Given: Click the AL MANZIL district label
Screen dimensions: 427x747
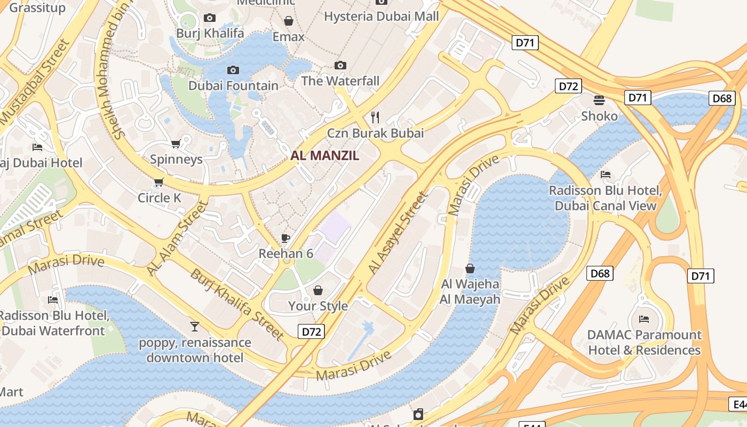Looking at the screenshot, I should tap(325, 156).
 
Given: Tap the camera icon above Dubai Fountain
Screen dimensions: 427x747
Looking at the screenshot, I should tap(233, 70).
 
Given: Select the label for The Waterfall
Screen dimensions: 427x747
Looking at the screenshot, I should tap(340, 81).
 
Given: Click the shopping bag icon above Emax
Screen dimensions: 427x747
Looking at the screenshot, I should tap(289, 21).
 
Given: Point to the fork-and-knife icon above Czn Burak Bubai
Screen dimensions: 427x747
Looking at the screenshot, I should tap(375, 117).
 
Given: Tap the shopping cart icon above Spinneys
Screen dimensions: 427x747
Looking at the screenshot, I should tap(176, 144).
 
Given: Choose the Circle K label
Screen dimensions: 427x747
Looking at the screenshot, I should tap(160, 198).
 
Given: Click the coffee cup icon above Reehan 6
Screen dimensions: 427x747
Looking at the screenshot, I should tap(285, 238).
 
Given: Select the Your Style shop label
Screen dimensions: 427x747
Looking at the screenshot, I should tap(318, 306).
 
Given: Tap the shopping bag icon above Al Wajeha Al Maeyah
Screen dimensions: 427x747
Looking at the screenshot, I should tap(470, 268).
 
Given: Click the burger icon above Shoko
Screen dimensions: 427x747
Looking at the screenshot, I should tap(599, 100).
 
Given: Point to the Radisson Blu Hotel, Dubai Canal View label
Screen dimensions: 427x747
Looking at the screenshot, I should tap(606, 198).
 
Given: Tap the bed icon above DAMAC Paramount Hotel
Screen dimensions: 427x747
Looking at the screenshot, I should tap(644, 319).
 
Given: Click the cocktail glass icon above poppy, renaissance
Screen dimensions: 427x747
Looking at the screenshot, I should tap(195, 326).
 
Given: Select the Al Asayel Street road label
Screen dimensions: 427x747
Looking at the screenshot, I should tap(398, 233).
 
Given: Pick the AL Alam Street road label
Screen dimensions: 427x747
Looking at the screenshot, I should tap(177, 239).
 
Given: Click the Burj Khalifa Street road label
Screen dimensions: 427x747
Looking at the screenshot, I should tap(237, 305).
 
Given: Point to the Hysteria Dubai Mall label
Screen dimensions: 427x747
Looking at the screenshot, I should tap(382, 16).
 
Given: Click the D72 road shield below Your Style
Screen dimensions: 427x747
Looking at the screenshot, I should tap(312, 331).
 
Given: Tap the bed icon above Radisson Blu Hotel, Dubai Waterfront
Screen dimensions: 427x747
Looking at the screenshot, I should tap(53, 300).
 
